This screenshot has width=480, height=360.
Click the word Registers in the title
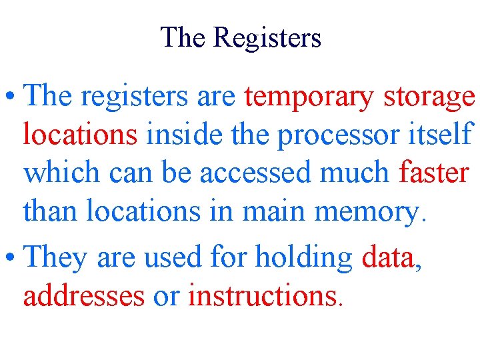(x=267, y=39)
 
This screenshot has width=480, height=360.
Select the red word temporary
(x=309, y=97)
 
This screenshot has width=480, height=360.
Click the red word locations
(x=80, y=135)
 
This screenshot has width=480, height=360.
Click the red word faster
(x=434, y=173)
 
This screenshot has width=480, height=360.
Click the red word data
(x=387, y=257)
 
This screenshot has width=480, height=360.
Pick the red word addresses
(x=84, y=296)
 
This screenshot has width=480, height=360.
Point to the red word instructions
(x=263, y=296)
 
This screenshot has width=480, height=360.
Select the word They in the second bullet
(x=57, y=257)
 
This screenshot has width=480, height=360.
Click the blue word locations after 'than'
(x=142, y=212)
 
